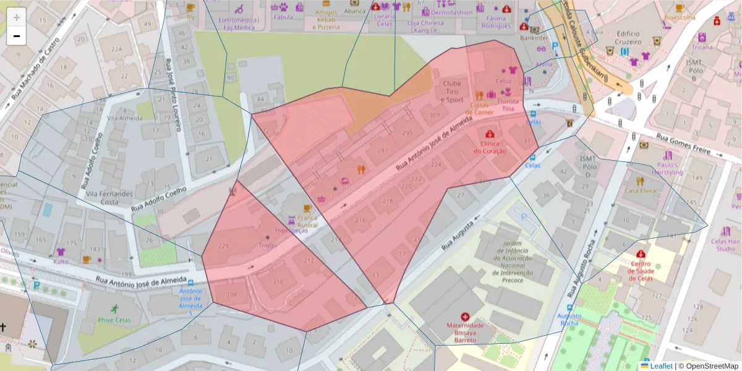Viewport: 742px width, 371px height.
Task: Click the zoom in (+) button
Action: pyautogui.click(x=17, y=17)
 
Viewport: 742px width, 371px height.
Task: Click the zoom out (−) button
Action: pyautogui.click(x=17, y=36)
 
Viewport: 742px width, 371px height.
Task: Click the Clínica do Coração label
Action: pyautogui.click(x=490, y=147)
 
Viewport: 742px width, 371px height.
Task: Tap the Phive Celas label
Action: pyautogui.click(x=114, y=320)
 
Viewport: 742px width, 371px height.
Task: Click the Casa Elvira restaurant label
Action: pyautogui.click(x=639, y=190)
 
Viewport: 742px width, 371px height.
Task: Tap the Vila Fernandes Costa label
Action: pyautogui.click(x=109, y=198)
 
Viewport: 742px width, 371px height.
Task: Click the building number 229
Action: pyautogui.click(x=223, y=246)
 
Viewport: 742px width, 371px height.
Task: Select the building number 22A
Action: pyautogui.click(x=116, y=49)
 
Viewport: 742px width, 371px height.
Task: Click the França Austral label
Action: pyautogui.click(x=307, y=221)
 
